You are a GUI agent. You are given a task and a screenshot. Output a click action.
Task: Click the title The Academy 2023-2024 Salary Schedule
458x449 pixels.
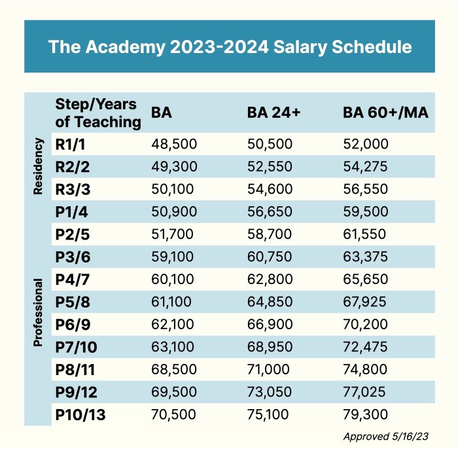pyautogui.click(x=230, y=46)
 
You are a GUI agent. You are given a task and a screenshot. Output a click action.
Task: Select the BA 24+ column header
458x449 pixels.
pyautogui.click(x=273, y=113)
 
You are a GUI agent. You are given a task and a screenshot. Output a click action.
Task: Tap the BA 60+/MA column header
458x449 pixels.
pyautogui.click(x=385, y=113)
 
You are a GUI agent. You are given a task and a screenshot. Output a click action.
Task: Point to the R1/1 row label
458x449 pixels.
pyautogui.click(x=73, y=144)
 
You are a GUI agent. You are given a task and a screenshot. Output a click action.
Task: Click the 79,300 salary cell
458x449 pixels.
pyautogui.click(x=366, y=414)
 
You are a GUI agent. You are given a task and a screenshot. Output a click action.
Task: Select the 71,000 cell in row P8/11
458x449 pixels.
pyautogui.click(x=269, y=368)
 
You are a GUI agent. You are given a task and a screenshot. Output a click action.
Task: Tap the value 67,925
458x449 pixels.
pyautogui.click(x=366, y=301)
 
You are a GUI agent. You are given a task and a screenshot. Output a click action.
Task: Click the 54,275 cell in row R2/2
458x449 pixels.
pyautogui.click(x=366, y=166)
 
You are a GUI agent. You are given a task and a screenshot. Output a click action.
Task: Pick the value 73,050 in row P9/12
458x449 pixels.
pyautogui.click(x=270, y=391)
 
